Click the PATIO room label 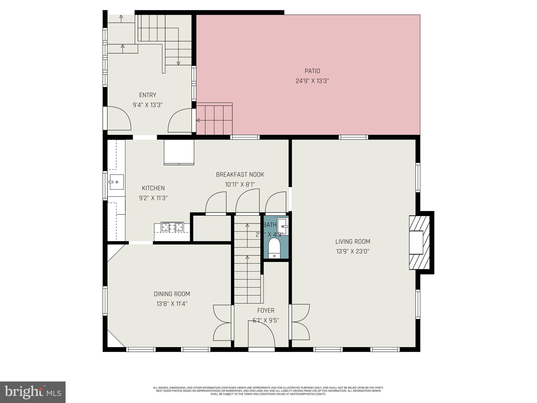pyautogui.click(x=312, y=71)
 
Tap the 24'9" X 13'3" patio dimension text pyautogui.click(x=312, y=81)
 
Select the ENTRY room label pyautogui.click(x=148, y=95)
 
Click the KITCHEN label pyautogui.click(x=153, y=188)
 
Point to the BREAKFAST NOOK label pyautogui.click(x=240, y=174)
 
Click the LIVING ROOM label pyautogui.click(x=353, y=242)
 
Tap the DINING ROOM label pyautogui.click(x=172, y=294)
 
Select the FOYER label pyautogui.click(x=266, y=310)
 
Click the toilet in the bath pyautogui.click(x=274, y=248)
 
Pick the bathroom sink pyautogui.click(x=283, y=226)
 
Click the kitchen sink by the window pyautogui.click(x=116, y=182)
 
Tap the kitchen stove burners pyautogui.click(x=172, y=227)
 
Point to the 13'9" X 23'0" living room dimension pyautogui.click(x=353, y=252)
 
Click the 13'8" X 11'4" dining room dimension pyautogui.click(x=172, y=304)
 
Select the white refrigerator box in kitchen pyautogui.click(x=179, y=152)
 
